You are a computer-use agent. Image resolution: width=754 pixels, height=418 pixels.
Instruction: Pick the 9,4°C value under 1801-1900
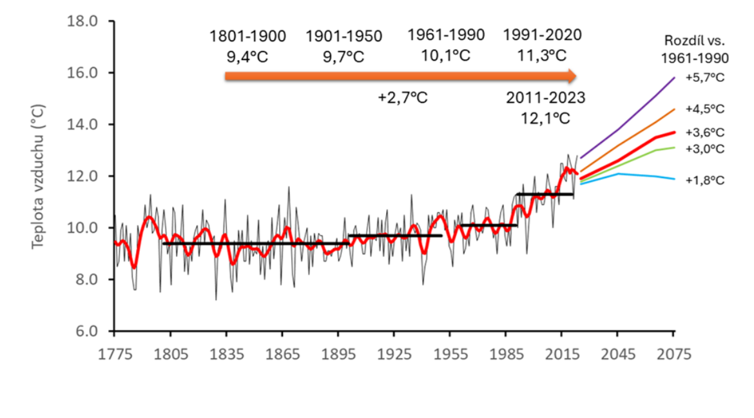point(247,57)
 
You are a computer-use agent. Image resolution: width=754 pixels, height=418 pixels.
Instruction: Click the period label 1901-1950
point(343,36)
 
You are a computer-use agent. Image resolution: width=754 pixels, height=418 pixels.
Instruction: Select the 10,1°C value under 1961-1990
point(446,55)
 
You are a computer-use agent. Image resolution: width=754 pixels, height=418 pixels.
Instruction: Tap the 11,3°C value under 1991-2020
point(543,55)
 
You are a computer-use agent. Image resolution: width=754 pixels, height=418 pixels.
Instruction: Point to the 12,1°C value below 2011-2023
point(545,119)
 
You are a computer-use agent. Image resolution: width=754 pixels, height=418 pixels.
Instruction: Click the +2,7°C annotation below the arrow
point(403,98)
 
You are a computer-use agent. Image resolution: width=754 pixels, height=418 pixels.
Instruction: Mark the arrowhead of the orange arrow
point(570,76)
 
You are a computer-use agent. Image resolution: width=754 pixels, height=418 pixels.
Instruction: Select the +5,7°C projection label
point(705,77)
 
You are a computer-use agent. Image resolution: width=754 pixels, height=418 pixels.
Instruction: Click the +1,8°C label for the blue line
point(705,180)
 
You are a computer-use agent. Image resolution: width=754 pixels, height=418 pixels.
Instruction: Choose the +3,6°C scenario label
point(705,133)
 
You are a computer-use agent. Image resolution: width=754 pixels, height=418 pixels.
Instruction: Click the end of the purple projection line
point(674,77)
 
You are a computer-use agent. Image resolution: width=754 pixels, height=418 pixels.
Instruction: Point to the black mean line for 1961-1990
point(488,225)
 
